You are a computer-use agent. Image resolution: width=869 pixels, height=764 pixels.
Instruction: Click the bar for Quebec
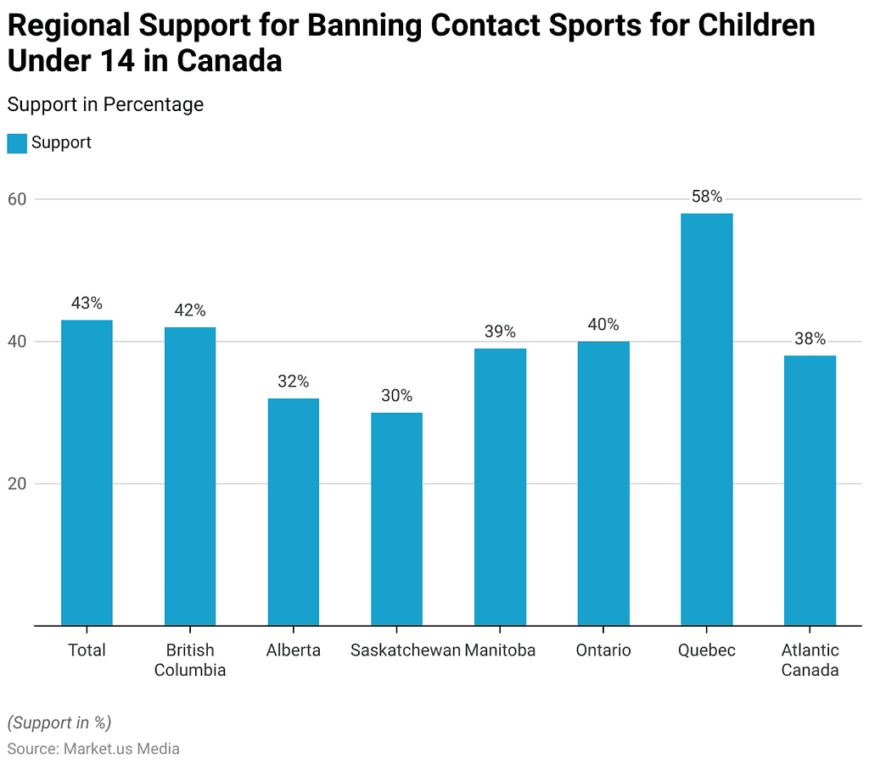[x=706, y=420]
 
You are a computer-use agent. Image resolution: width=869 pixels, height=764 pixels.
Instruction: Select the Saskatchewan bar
[x=396, y=519]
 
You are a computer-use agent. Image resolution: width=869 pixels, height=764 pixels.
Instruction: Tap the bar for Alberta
[x=293, y=512]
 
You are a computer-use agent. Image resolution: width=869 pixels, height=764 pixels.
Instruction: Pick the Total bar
[x=87, y=473]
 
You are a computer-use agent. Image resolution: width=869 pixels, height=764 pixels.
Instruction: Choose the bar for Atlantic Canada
[x=810, y=490]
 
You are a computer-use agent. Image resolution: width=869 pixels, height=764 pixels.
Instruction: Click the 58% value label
[x=706, y=197]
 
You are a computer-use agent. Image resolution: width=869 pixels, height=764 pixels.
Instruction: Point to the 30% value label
[x=396, y=396]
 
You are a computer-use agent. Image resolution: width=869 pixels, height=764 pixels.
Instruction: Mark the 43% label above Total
[x=87, y=303]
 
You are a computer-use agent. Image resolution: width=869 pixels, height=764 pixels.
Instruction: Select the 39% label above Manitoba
[x=500, y=332]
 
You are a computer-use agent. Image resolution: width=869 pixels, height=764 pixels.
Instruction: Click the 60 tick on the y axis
[x=18, y=199]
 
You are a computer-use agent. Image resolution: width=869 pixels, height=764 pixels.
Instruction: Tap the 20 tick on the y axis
[x=18, y=484]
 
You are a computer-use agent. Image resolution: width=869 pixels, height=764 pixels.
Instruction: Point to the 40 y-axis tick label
[x=18, y=342]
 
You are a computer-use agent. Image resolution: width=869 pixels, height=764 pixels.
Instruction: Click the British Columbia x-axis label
[x=190, y=660]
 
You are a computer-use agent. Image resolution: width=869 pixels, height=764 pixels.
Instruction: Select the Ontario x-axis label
[x=603, y=650]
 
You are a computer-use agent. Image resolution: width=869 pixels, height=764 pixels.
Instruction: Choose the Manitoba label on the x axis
[x=500, y=650]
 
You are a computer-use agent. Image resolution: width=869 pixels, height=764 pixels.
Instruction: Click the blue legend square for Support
[x=17, y=143]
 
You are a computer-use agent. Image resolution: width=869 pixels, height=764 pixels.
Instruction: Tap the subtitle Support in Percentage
[x=105, y=104]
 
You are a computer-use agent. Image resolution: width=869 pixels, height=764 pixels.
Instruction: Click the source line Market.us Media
[x=93, y=749]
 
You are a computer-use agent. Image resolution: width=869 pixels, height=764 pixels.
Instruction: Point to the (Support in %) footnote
[x=59, y=722]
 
